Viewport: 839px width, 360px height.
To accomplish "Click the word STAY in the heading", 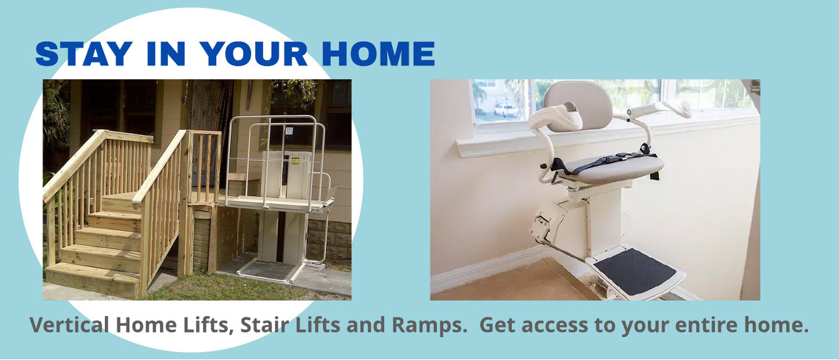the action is point(84,54).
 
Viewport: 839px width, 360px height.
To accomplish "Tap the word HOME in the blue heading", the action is point(378,54).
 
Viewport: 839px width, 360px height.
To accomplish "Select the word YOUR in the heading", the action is point(255,54).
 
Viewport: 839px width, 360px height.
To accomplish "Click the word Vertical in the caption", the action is point(69,325).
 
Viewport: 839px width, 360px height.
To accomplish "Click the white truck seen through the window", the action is point(505,110).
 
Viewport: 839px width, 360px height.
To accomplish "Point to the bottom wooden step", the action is point(92,279).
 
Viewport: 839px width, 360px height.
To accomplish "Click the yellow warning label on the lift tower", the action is point(295,161).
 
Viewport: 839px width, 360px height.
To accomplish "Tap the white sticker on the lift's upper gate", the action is point(289,131).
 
